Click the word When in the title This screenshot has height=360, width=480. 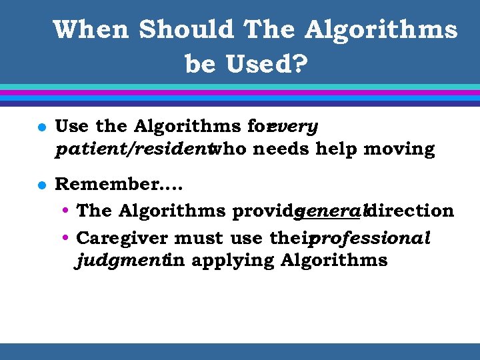pyautogui.click(x=91, y=30)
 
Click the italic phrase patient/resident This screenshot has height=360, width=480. pyautogui.click(x=132, y=149)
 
